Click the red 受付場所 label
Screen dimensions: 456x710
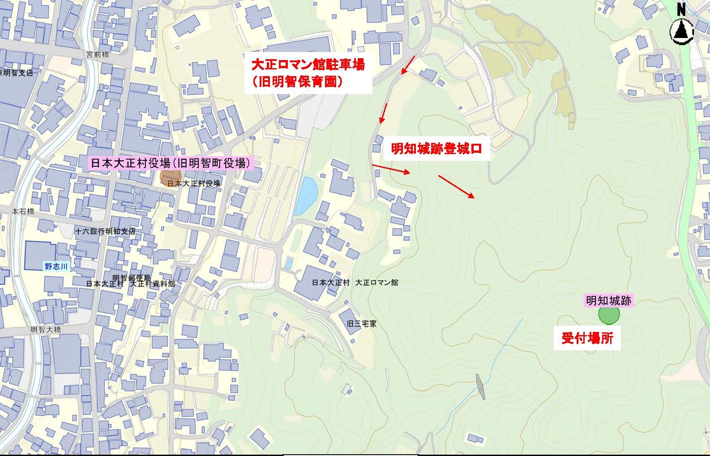[587, 338]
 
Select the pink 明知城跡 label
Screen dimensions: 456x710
[609, 301]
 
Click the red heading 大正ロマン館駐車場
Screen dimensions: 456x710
[308, 65]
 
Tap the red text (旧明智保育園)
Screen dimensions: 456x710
[298, 82]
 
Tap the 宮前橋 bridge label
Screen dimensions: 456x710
[98, 55]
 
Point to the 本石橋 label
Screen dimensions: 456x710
[23, 211]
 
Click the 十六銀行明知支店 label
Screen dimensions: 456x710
[105, 231]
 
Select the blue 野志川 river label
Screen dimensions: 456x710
[56, 266]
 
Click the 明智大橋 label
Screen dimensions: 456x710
[46, 329]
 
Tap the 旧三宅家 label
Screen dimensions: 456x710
[362, 323]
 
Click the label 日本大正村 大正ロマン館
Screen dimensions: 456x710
[355, 283]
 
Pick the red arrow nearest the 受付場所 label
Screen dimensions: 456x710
[456, 186]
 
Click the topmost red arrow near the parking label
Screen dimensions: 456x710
[408, 65]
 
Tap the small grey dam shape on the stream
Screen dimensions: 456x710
[480, 385]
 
